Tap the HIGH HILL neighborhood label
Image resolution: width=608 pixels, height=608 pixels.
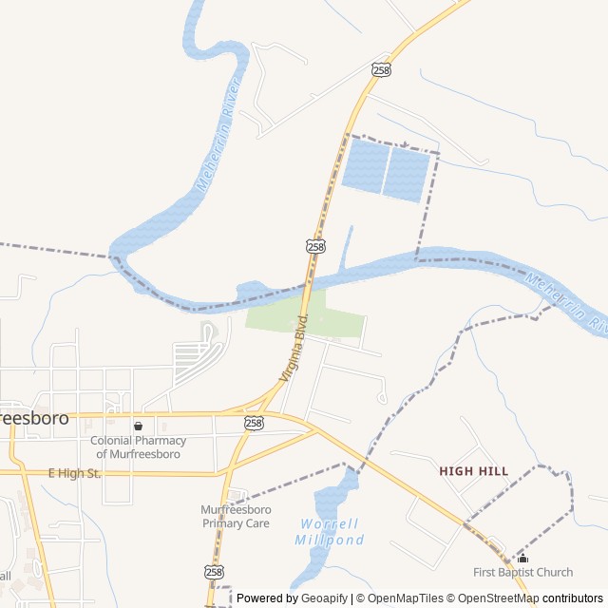[474, 471]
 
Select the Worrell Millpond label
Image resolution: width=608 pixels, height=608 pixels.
[329, 532]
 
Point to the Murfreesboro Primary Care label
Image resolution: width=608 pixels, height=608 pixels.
[236, 517]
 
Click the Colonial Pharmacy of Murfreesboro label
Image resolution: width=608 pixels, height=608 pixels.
[139, 447]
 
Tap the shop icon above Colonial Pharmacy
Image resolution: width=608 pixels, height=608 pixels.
[139, 427]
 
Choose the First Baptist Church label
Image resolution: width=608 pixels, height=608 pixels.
[523, 572]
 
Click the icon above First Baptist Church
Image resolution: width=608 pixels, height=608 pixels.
[522, 557]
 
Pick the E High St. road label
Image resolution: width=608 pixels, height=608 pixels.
[74, 473]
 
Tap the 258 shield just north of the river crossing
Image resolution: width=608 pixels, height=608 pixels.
[315, 246]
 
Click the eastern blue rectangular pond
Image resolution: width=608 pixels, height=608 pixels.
[408, 176]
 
